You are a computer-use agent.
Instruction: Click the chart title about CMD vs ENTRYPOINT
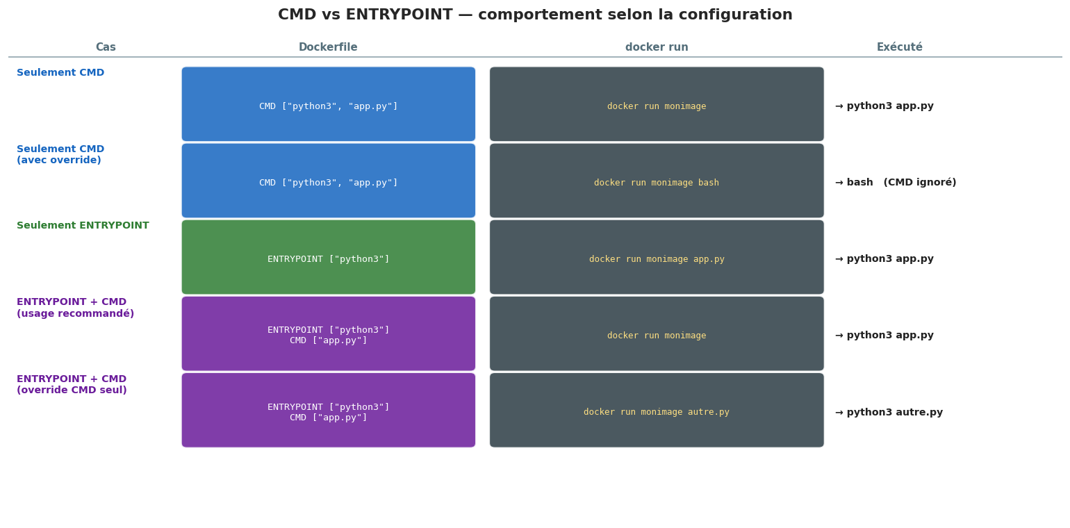pos(535,15)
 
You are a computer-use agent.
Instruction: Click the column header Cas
pos(106,47)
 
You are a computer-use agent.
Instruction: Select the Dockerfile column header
pos(328,47)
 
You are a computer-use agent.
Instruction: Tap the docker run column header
pos(657,47)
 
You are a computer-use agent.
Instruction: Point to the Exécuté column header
pos(900,47)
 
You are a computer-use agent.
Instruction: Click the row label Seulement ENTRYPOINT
pos(83,226)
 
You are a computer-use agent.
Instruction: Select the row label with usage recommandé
pos(75,308)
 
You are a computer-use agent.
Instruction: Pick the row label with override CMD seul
pos(72,385)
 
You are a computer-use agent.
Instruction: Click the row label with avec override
pos(60,155)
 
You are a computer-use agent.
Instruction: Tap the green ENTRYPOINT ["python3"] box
pos(329,257)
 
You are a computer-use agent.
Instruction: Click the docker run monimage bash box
pos(657,181)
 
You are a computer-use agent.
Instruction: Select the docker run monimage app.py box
pos(657,257)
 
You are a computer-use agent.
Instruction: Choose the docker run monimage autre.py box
pos(657,411)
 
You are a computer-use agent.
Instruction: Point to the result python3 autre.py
pos(889,413)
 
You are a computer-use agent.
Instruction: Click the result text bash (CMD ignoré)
pos(896,183)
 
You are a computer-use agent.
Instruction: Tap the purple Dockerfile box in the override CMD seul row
pos(329,411)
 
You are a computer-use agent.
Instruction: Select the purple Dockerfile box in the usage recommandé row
pos(329,333)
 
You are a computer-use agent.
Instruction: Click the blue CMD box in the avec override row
pos(329,181)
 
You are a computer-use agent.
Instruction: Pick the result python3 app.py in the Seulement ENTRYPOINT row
pos(884,259)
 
